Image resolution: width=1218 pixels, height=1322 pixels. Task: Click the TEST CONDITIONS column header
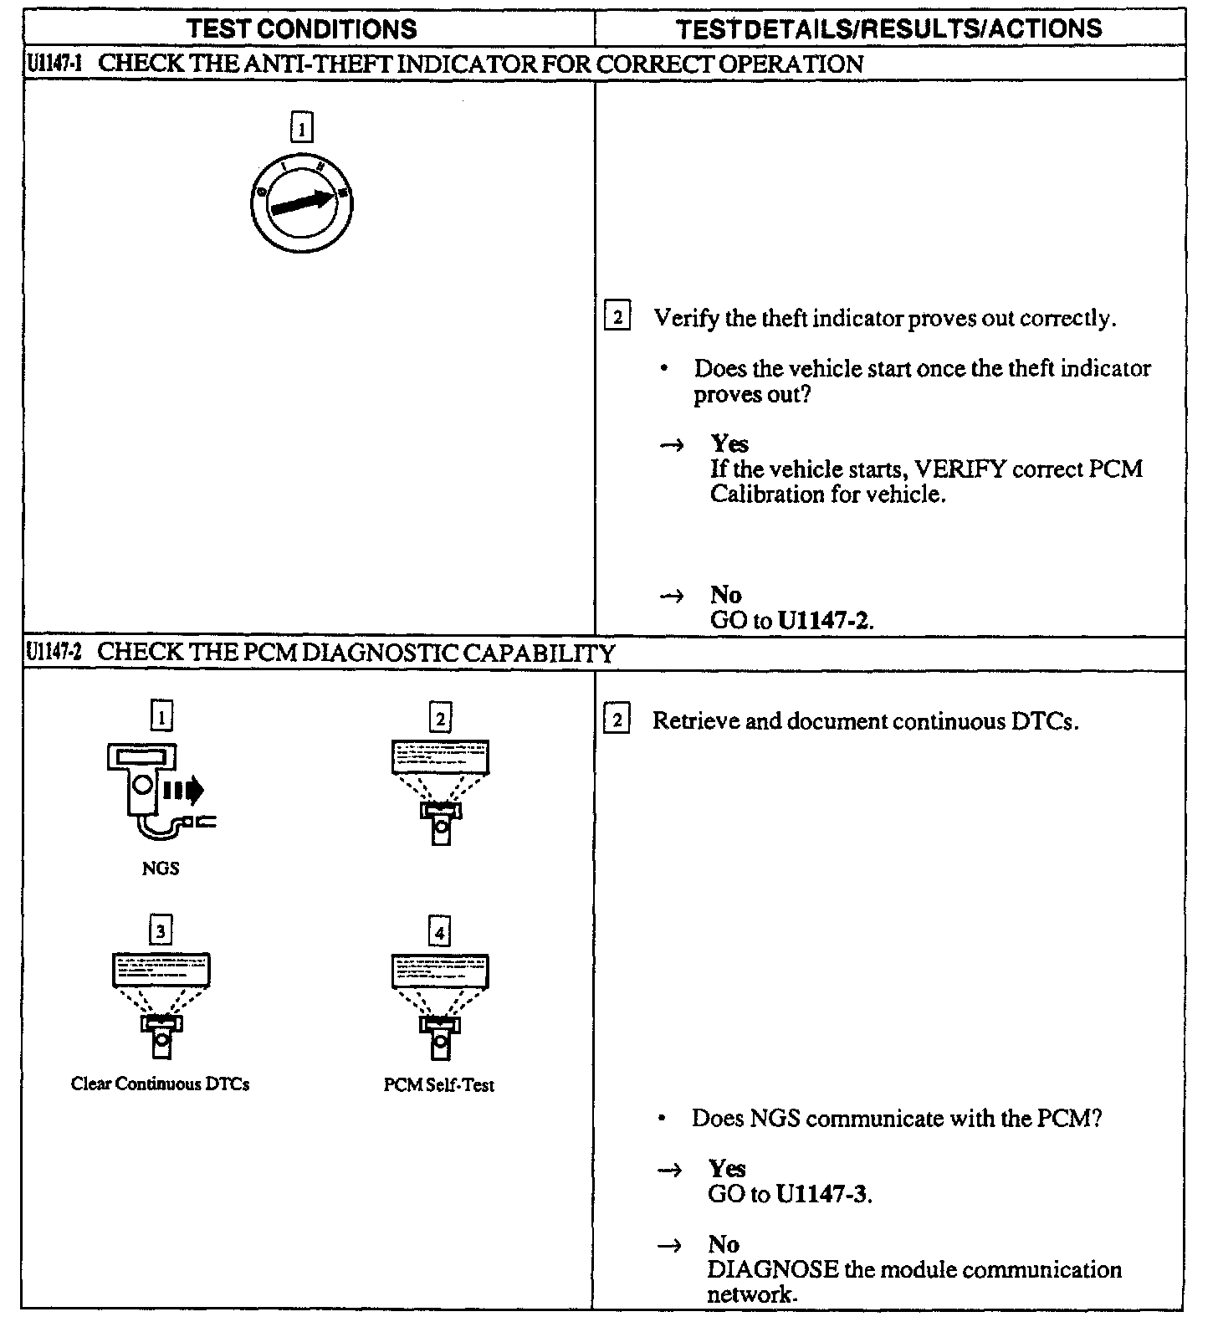coord(302,29)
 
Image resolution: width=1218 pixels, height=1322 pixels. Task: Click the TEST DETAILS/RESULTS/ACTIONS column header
coord(888,29)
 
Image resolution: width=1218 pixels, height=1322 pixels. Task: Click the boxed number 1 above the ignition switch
coord(301,129)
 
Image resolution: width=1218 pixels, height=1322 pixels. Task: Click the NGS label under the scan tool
coord(160,869)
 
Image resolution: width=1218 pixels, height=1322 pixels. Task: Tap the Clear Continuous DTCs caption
coord(160,1084)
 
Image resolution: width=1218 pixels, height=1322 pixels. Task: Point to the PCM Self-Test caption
coord(439,1085)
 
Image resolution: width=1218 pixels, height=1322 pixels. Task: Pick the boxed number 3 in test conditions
coord(161,931)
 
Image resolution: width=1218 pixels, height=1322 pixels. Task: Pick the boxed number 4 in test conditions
coord(439,931)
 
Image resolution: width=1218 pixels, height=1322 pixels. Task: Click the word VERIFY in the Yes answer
coord(959,469)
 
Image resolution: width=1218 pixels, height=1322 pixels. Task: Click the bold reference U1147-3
coord(823,1194)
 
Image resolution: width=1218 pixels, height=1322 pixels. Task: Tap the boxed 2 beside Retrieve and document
coord(617,721)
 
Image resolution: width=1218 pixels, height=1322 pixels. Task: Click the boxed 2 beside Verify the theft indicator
coord(617,318)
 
